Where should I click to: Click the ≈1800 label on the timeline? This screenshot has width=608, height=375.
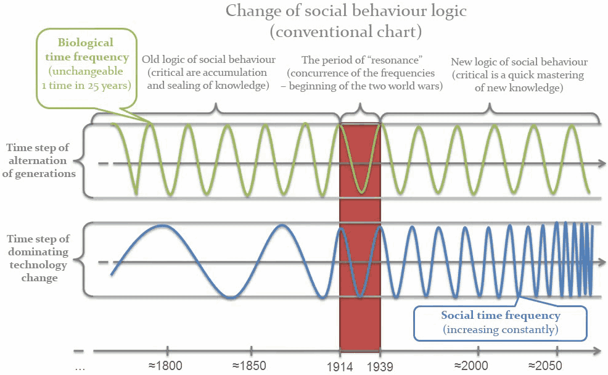(165, 365)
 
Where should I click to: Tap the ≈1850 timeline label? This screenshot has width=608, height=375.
(249, 365)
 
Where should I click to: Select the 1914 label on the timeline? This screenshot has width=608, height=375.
(340, 366)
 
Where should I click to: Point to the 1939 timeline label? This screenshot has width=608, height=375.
(380, 366)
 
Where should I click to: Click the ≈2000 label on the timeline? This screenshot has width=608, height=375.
(472, 365)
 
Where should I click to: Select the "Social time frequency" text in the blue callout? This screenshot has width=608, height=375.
(500, 315)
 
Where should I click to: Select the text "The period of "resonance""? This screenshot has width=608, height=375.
(361, 60)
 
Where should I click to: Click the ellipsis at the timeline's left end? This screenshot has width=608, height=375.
(80, 366)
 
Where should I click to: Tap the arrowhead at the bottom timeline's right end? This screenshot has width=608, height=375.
(596, 352)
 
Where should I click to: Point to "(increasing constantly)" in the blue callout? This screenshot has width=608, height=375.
(500, 330)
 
